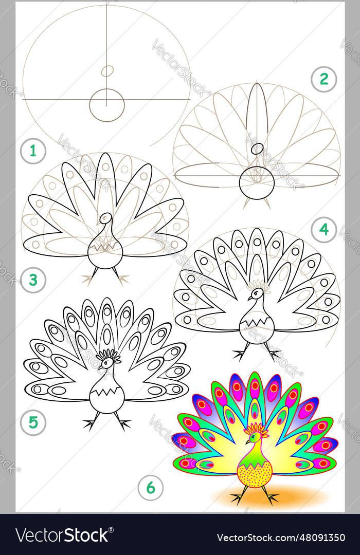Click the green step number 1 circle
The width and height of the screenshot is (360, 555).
(x=33, y=152)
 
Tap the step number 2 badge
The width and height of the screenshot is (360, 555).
(x=323, y=80)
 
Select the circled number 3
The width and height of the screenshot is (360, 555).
(x=33, y=280)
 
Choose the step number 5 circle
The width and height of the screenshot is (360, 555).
(x=33, y=422)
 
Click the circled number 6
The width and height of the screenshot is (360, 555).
(x=150, y=488)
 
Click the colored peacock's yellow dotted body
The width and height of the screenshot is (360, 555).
(x=255, y=475)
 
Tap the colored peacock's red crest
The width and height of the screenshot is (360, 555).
(x=255, y=429)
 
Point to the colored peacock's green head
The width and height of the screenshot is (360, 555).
(x=253, y=438)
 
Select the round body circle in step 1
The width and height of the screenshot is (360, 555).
(x=107, y=105)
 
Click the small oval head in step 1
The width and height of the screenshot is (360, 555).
(x=107, y=71)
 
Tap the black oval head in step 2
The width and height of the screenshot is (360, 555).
(x=256, y=149)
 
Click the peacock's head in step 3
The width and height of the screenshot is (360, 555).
(x=106, y=218)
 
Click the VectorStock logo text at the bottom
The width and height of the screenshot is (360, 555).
(x=62, y=535)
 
